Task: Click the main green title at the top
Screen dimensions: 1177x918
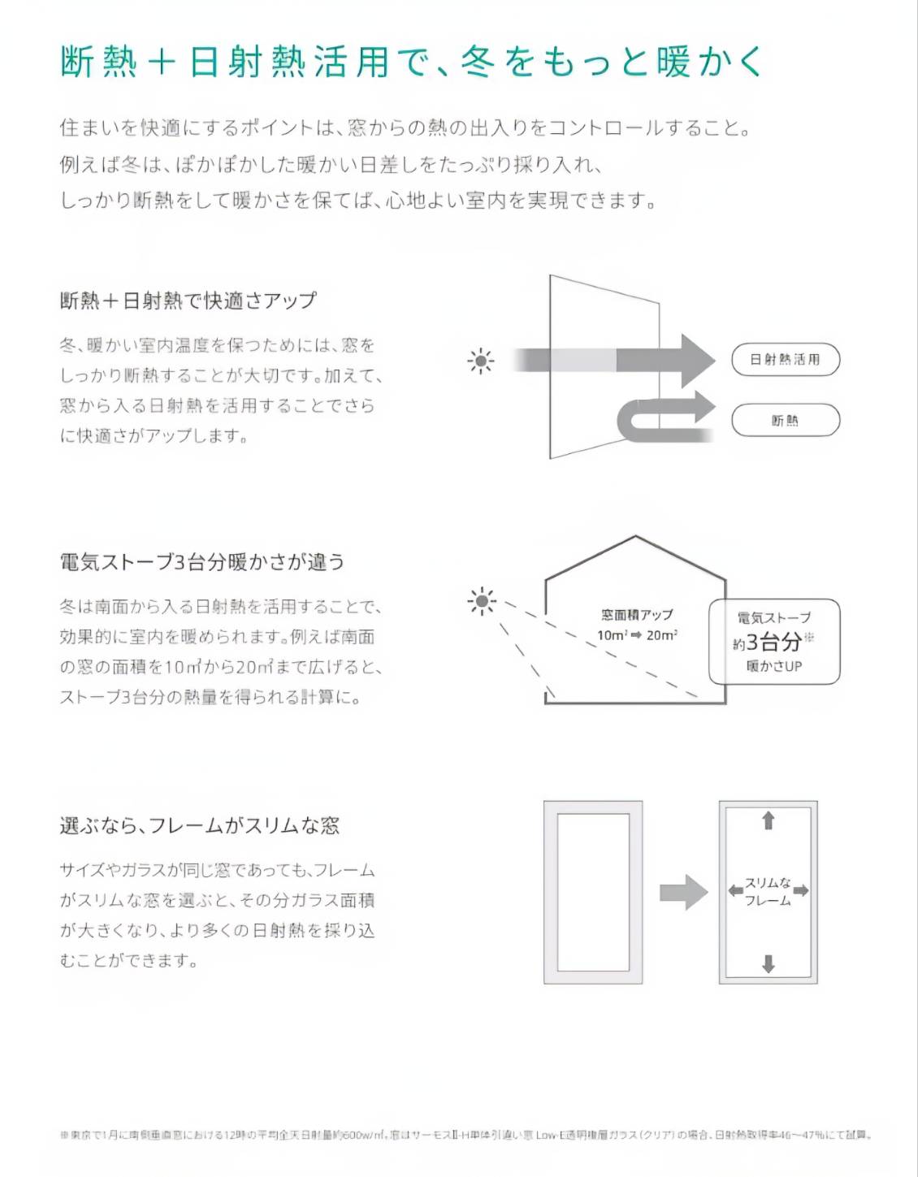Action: [411, 62]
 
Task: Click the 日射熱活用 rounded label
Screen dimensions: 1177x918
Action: [785, 360]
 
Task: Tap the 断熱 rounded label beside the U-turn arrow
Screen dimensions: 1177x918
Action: [785, 420]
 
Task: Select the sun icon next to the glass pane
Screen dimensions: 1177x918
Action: [481, 360]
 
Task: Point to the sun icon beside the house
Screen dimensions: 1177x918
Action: [482, 601]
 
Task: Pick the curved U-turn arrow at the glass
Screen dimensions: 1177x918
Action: [662, 416]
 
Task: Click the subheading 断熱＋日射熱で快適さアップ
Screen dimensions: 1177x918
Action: [188, 301]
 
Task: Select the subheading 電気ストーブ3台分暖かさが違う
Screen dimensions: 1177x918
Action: [202, 561]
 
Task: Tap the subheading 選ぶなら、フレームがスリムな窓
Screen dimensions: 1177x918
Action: [200, 825]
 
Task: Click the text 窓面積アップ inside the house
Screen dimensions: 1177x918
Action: [637, 615]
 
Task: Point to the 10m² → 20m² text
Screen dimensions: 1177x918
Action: [637, 635]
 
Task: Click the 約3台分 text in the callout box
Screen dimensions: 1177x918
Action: [769, 642]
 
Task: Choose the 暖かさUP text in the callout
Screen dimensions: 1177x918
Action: [773, 666]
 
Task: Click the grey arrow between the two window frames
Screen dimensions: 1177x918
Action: [683, 892]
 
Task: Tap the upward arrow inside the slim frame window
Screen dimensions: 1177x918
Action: [768, 820]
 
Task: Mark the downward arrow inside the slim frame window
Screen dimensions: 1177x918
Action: [768, 963]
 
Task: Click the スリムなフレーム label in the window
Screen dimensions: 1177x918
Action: [768, 891]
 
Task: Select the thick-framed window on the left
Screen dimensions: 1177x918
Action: [593, 892]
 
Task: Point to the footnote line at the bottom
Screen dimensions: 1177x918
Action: [465, 1135]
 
